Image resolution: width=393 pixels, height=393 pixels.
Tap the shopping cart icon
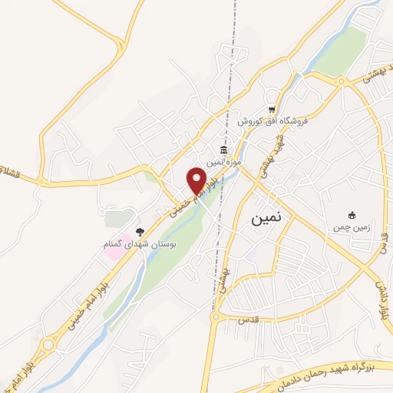tap(271, 108)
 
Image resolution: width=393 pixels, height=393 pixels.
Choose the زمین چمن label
tap(352, 227)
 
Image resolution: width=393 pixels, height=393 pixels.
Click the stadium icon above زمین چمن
tap(352, 214)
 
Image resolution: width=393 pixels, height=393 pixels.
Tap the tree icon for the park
tap(139, 230)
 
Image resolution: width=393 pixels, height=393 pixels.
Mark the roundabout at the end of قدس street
tap(217, 315)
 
